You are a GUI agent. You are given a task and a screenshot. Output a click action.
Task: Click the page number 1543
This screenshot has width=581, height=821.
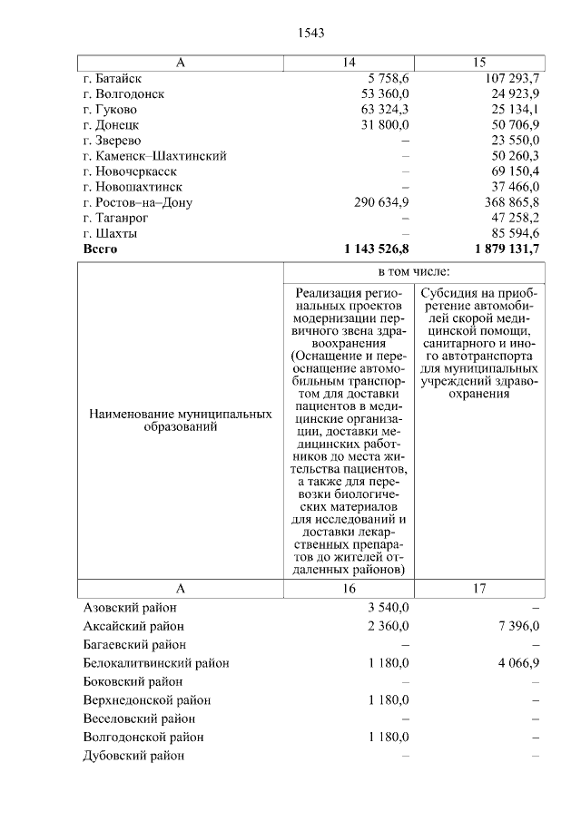(x=311, y=33)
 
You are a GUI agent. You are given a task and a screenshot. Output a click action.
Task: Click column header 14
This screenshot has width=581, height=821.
(x=350, y=63)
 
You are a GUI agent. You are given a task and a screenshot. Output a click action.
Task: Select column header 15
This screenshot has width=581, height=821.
(x=480, y=63)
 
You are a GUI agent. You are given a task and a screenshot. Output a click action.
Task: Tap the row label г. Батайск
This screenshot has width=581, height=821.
(x=111, y=78)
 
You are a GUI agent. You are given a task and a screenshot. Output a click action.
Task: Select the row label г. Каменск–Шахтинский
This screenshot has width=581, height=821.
(x=153, y=155)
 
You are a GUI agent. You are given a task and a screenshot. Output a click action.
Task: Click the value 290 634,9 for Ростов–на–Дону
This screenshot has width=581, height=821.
(x=381, y=201)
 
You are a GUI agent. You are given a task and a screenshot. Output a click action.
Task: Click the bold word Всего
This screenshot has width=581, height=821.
(x=101, y=248)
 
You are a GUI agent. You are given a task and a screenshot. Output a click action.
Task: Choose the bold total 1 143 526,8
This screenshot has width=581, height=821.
(x=377, y=248)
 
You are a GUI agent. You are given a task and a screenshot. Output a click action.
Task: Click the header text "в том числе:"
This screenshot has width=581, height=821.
(x=415, y=272)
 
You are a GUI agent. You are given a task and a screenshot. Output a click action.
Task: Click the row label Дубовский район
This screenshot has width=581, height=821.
(x=133, y=756)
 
